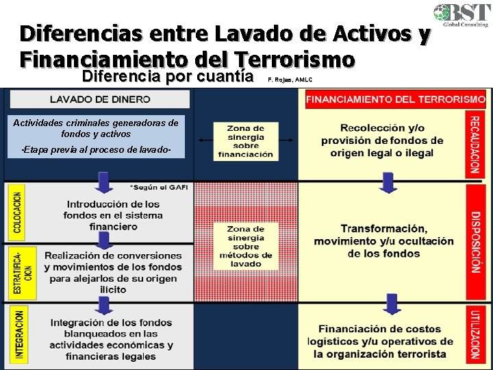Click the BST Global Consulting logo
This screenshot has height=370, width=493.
coord(460,14)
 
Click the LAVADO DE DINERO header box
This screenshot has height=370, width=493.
coord(100,99)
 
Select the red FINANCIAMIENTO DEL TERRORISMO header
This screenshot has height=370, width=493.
coord(395,99)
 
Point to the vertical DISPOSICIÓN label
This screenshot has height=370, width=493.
coord(475,241)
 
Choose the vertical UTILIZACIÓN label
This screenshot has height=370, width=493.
coord(475,334)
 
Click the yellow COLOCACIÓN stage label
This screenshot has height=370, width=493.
coord(17,211)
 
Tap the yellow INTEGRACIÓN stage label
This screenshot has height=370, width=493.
coord(18,334)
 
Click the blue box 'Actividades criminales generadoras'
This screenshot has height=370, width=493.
coord(95,136)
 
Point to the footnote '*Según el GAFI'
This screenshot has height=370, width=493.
coord(158,187)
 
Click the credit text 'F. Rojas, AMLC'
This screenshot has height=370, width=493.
coord(289,80)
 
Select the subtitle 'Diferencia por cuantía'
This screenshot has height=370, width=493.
coord(167,75)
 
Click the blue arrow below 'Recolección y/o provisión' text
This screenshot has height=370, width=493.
coord(388,182)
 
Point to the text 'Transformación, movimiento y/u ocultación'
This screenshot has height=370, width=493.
coord(383,241)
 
